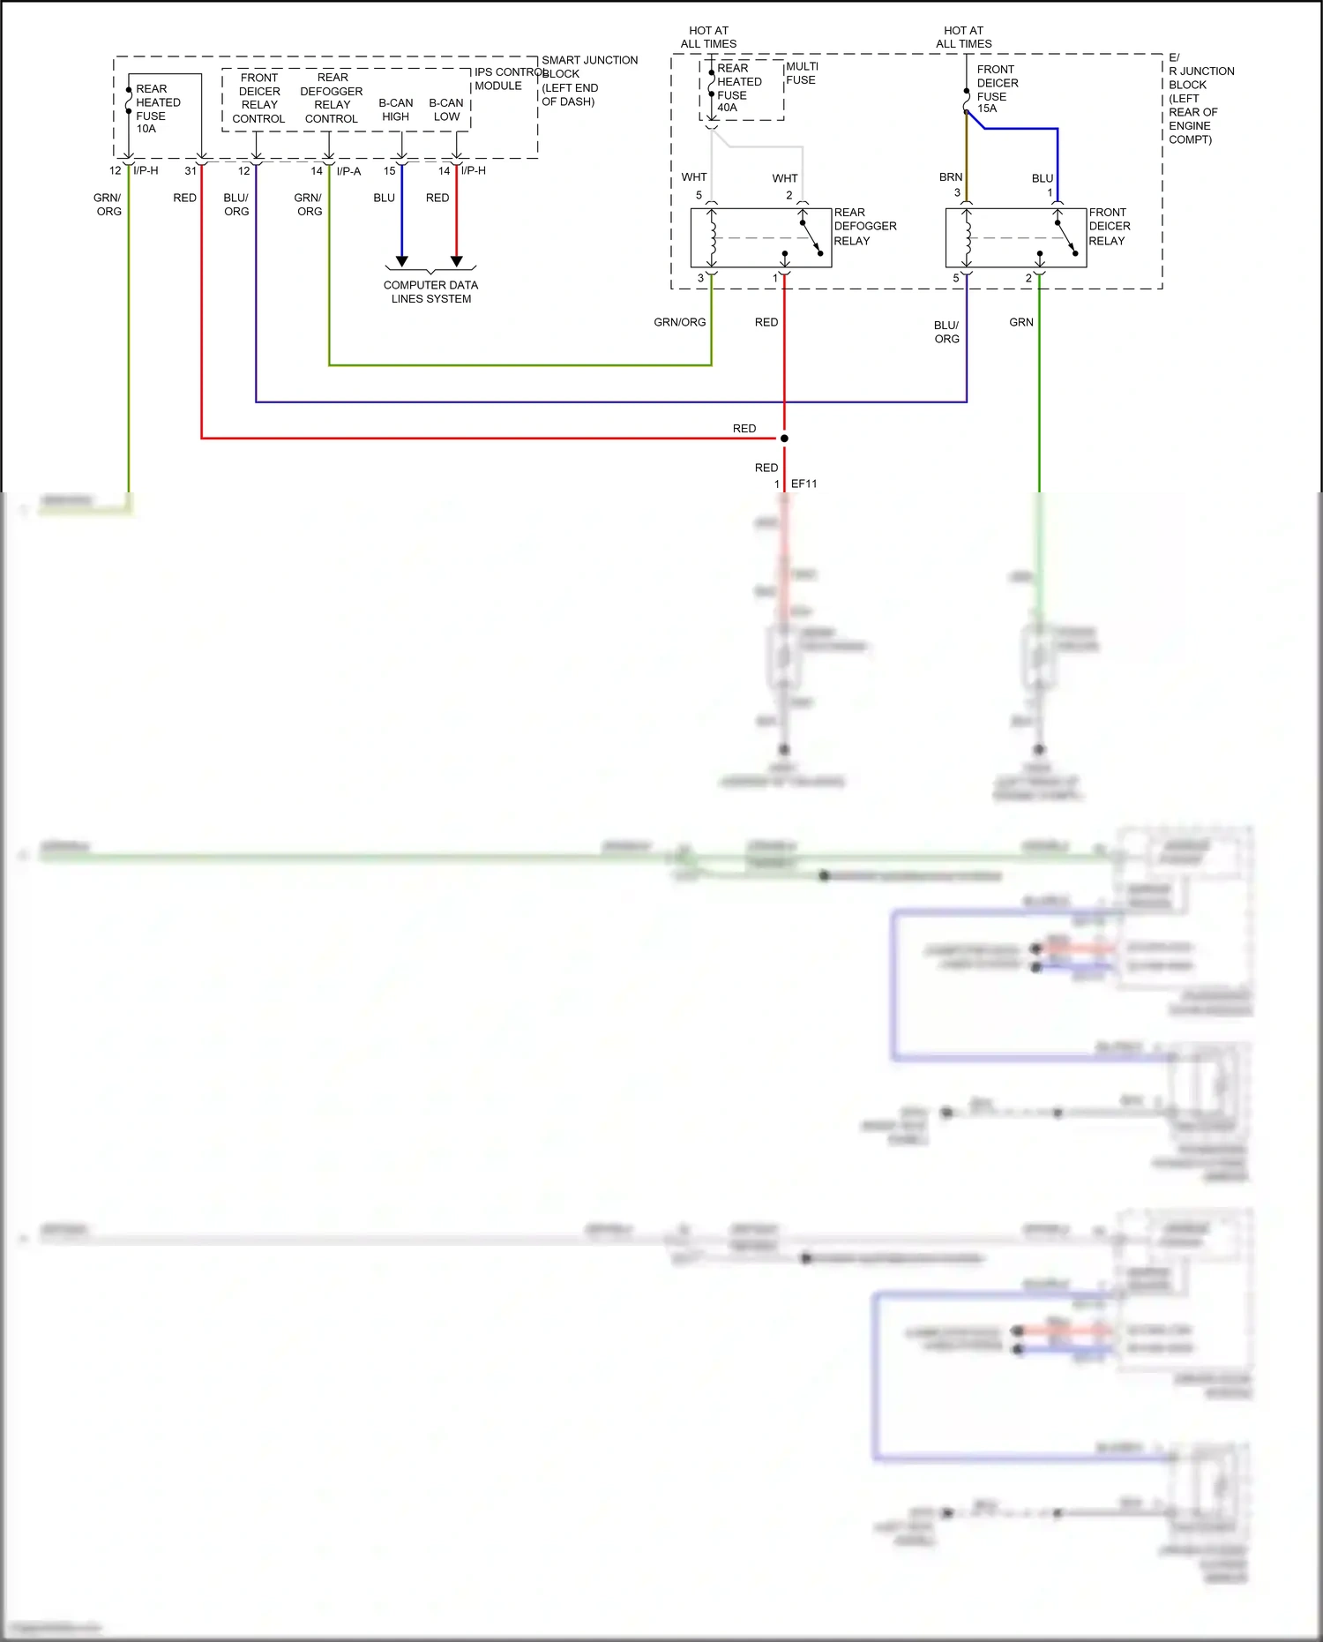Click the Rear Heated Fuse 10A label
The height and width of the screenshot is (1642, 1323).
157,109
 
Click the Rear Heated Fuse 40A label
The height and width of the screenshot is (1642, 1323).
738,87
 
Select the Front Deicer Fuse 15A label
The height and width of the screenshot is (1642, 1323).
997,89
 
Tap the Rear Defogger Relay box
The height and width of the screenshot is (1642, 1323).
760,237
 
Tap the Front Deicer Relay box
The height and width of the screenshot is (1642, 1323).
1015,237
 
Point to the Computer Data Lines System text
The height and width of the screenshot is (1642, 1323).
430,292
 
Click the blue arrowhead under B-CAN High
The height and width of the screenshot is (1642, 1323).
402,261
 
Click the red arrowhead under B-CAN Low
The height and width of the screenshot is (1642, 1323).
457,261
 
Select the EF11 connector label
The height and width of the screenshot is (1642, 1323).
804,484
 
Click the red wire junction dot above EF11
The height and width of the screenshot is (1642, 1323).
784,439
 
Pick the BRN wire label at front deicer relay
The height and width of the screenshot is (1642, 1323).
950,177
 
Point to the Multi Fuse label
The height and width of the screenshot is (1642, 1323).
801,73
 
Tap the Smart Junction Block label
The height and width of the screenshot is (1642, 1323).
588,80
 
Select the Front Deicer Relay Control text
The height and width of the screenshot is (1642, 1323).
258,98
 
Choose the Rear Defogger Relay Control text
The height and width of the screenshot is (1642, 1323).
332,98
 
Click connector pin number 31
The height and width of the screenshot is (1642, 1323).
191,171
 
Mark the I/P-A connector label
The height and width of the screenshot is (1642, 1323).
348,171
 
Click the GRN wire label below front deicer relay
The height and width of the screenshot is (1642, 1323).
1020,322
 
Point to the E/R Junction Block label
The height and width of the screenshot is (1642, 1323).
1199,98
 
